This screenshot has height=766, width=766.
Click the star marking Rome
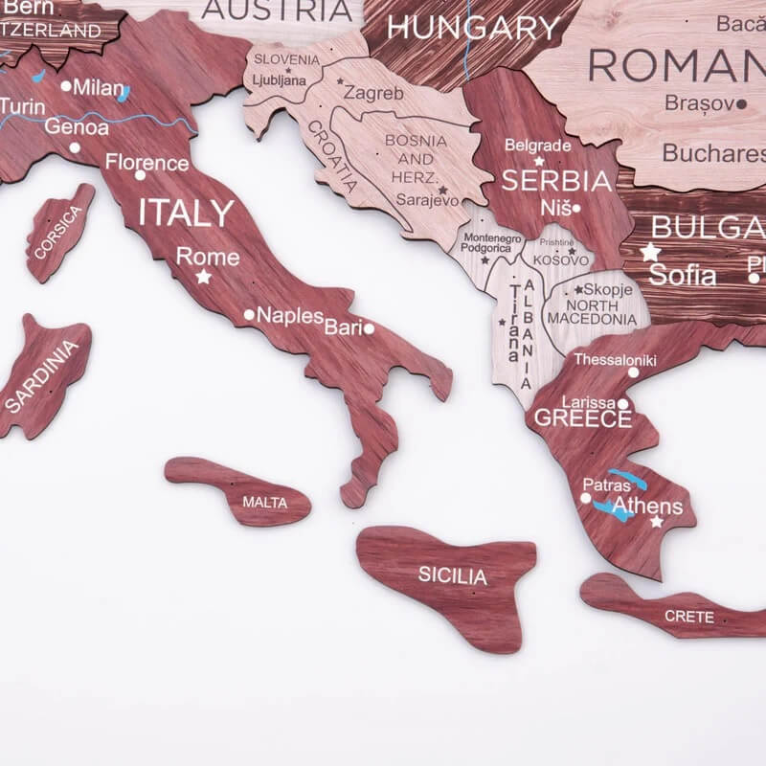coord(203,277)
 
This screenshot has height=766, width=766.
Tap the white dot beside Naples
coord(249,314)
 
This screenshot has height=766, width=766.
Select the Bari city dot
coord(369,328)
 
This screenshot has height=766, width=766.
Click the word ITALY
coord(186,213)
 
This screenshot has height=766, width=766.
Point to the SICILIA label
coord(452,576)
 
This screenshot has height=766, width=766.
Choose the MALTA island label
coord(264,502)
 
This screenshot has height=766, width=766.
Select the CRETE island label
coord(689,616)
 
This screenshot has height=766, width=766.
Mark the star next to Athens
coord(657,522)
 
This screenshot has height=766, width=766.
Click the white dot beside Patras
coord(586,498)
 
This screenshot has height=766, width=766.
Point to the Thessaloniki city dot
coord(633,373)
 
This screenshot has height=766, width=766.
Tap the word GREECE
coord(582,418)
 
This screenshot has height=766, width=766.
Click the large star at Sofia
coord(651,253)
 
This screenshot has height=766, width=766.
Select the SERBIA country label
coord(556,180)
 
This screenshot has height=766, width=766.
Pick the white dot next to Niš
coord(576,208)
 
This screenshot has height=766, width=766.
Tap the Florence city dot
coord(140,175)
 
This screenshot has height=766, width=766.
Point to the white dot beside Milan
coord(66,86)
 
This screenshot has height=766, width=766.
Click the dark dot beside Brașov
coord(741,103)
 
